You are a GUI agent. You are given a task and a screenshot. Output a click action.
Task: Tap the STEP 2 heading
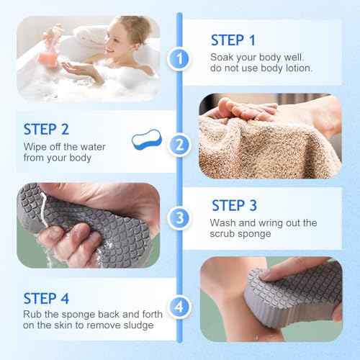pos(46,130)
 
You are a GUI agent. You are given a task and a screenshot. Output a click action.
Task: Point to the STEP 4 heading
pos(46,297)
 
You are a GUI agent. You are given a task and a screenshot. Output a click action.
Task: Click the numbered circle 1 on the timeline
pos(179,58)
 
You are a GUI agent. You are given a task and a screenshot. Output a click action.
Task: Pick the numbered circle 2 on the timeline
pos(179,145)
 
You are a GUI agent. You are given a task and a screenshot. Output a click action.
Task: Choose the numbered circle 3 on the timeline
pos(179,216)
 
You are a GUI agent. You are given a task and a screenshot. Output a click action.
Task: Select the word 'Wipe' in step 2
pos(36,147)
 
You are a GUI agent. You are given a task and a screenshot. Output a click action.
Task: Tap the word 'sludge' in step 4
pos(137,326)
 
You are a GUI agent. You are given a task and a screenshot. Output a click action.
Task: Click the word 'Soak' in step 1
pos(222,57)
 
